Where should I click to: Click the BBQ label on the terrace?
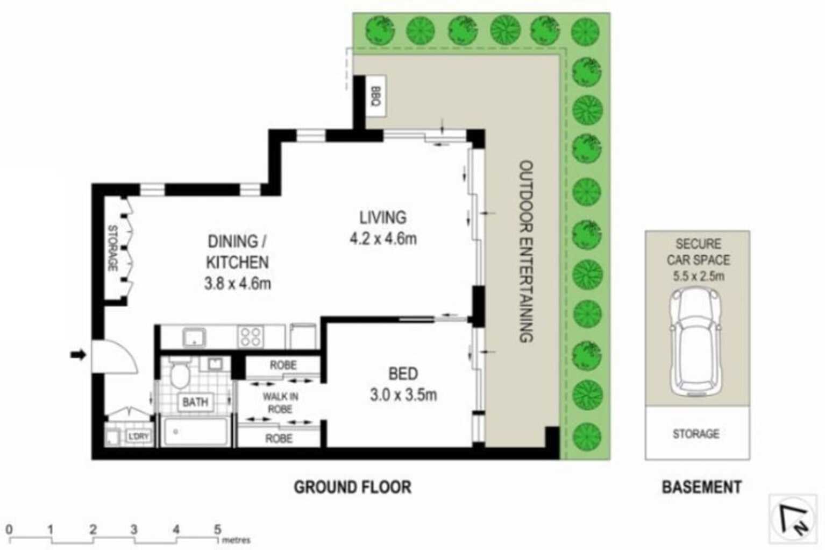[x=376, y=96]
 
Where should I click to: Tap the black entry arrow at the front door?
[x=79, y=355]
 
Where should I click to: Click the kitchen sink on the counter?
[x=193, y=337]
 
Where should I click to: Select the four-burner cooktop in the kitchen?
[x=250, y=337]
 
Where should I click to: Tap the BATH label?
[x=195, y=402]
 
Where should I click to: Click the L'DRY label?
[x=138, y=436]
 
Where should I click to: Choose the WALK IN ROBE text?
[x=280, y=403]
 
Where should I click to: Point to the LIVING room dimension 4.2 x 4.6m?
[x=383, y=238]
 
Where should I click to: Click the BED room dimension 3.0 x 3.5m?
[x=403, y=396]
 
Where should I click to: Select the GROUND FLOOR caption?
[x=352, y=487]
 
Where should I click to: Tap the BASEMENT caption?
[x=701, y=487]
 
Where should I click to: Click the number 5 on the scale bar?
[x=217, y=530]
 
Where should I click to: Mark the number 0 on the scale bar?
[x=9, y=530]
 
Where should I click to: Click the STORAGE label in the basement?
[x=696, y=433]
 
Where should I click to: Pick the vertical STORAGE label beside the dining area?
[x=113, y=248]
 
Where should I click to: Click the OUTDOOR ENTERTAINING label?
[x=527, y=251]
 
